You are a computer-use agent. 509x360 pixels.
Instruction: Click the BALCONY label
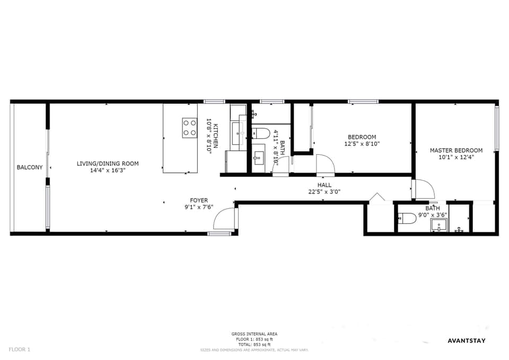click(x=30, y=168)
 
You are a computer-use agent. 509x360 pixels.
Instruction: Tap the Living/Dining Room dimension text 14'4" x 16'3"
click(x=108, y=171)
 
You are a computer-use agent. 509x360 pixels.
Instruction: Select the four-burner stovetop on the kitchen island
click(x=190, y=128)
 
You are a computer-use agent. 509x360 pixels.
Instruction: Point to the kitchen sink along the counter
click(x=238, y=133)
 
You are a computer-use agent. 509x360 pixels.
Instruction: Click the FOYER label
click(x=199, y=200)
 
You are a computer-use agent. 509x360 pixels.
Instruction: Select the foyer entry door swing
click(x=224, y=218)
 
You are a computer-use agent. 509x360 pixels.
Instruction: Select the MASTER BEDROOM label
click(x=456, y=150)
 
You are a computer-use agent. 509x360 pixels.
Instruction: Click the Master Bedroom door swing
click(x=424, y=189)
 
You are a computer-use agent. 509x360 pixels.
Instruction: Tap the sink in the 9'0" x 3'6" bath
click(x=438, y=226)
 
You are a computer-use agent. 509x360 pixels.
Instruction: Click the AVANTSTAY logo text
click(x=466, y=340)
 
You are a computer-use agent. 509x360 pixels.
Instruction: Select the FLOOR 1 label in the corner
click(x=20, y=349)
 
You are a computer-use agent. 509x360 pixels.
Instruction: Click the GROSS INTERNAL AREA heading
click(x=254, y=334)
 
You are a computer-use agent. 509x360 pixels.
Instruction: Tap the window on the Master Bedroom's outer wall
click(x=497, y=128)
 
